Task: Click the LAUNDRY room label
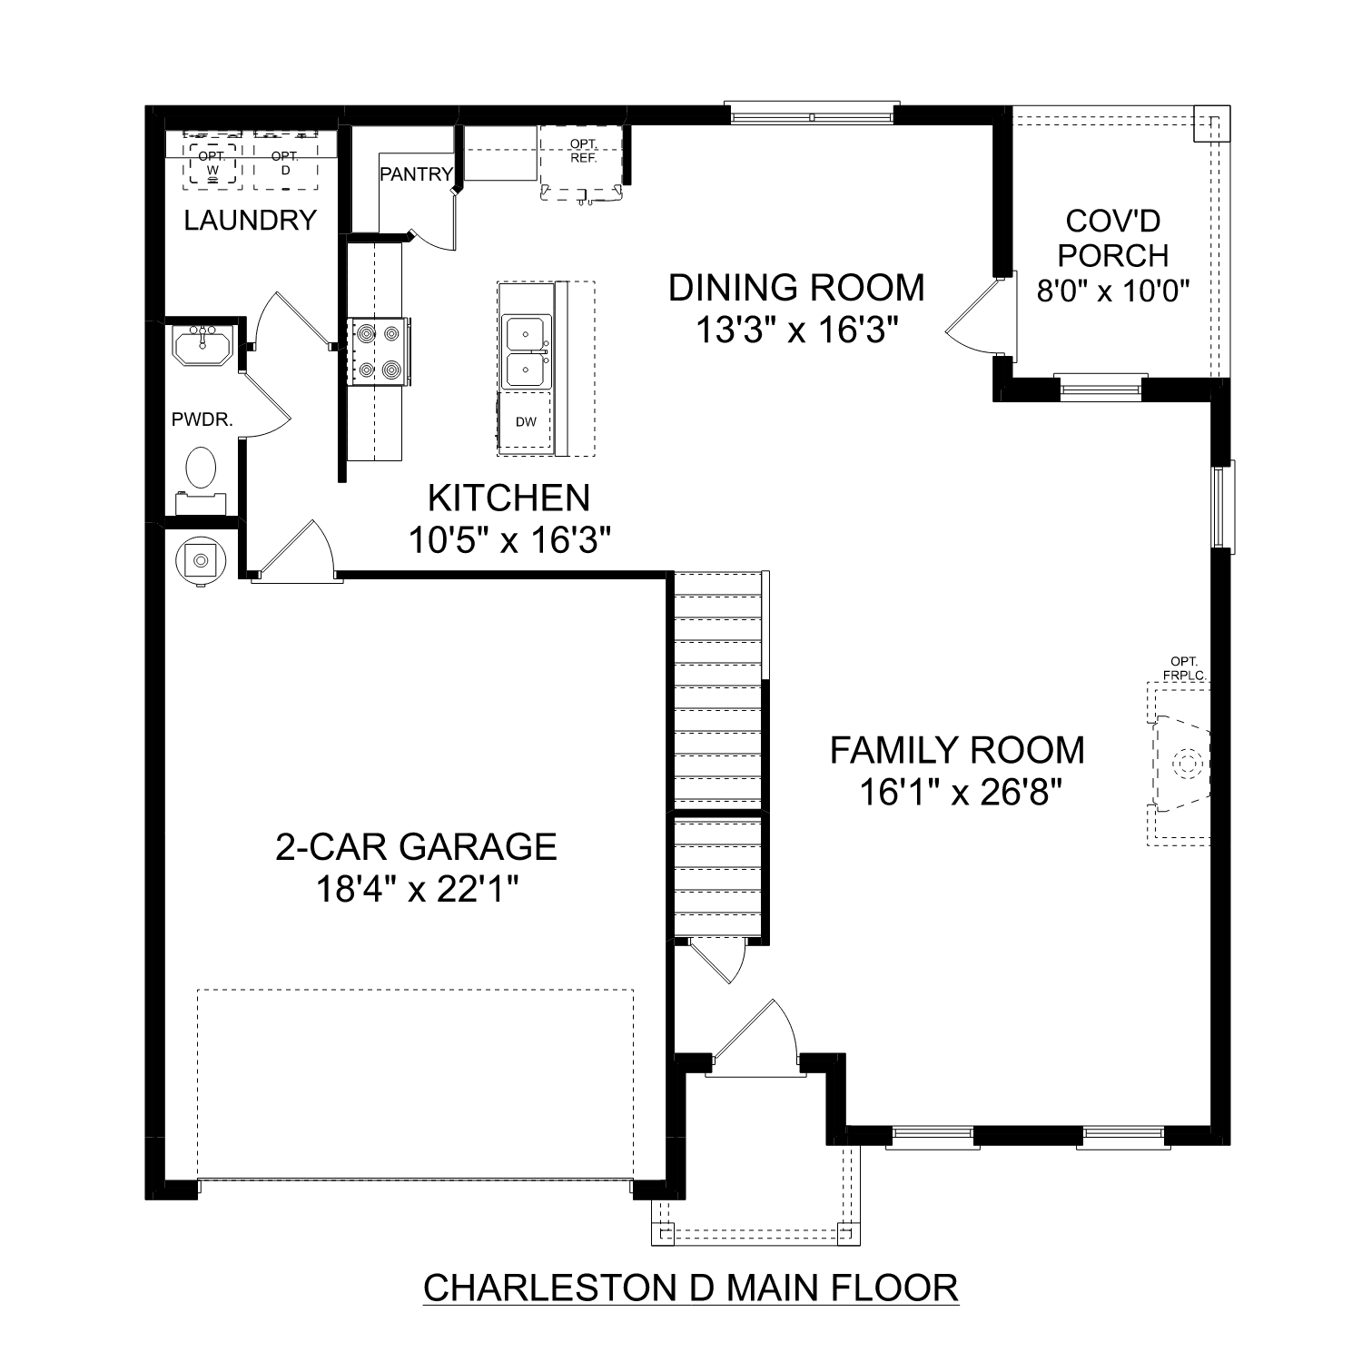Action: coord(250,220)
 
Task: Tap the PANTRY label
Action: coord(416,174)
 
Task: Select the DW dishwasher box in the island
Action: coord(526,421)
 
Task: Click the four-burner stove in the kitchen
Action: coord(378,351)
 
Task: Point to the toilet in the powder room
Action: coord(201,469)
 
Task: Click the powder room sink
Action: coord(202,345)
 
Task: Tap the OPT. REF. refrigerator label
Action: coord(582,151)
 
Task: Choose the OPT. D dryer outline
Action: coord(285,163)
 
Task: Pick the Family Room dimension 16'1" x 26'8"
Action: coord(960,793)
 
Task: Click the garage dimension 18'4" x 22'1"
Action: coord(417,889)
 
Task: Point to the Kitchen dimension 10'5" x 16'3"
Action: coord(508,541)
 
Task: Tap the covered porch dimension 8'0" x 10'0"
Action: coord(1113,291)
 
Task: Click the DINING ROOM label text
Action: coord(796,288)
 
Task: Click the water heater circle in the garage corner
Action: coord(199,561)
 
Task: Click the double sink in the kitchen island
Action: coord(526,352)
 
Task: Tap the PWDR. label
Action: coord(202,419)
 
